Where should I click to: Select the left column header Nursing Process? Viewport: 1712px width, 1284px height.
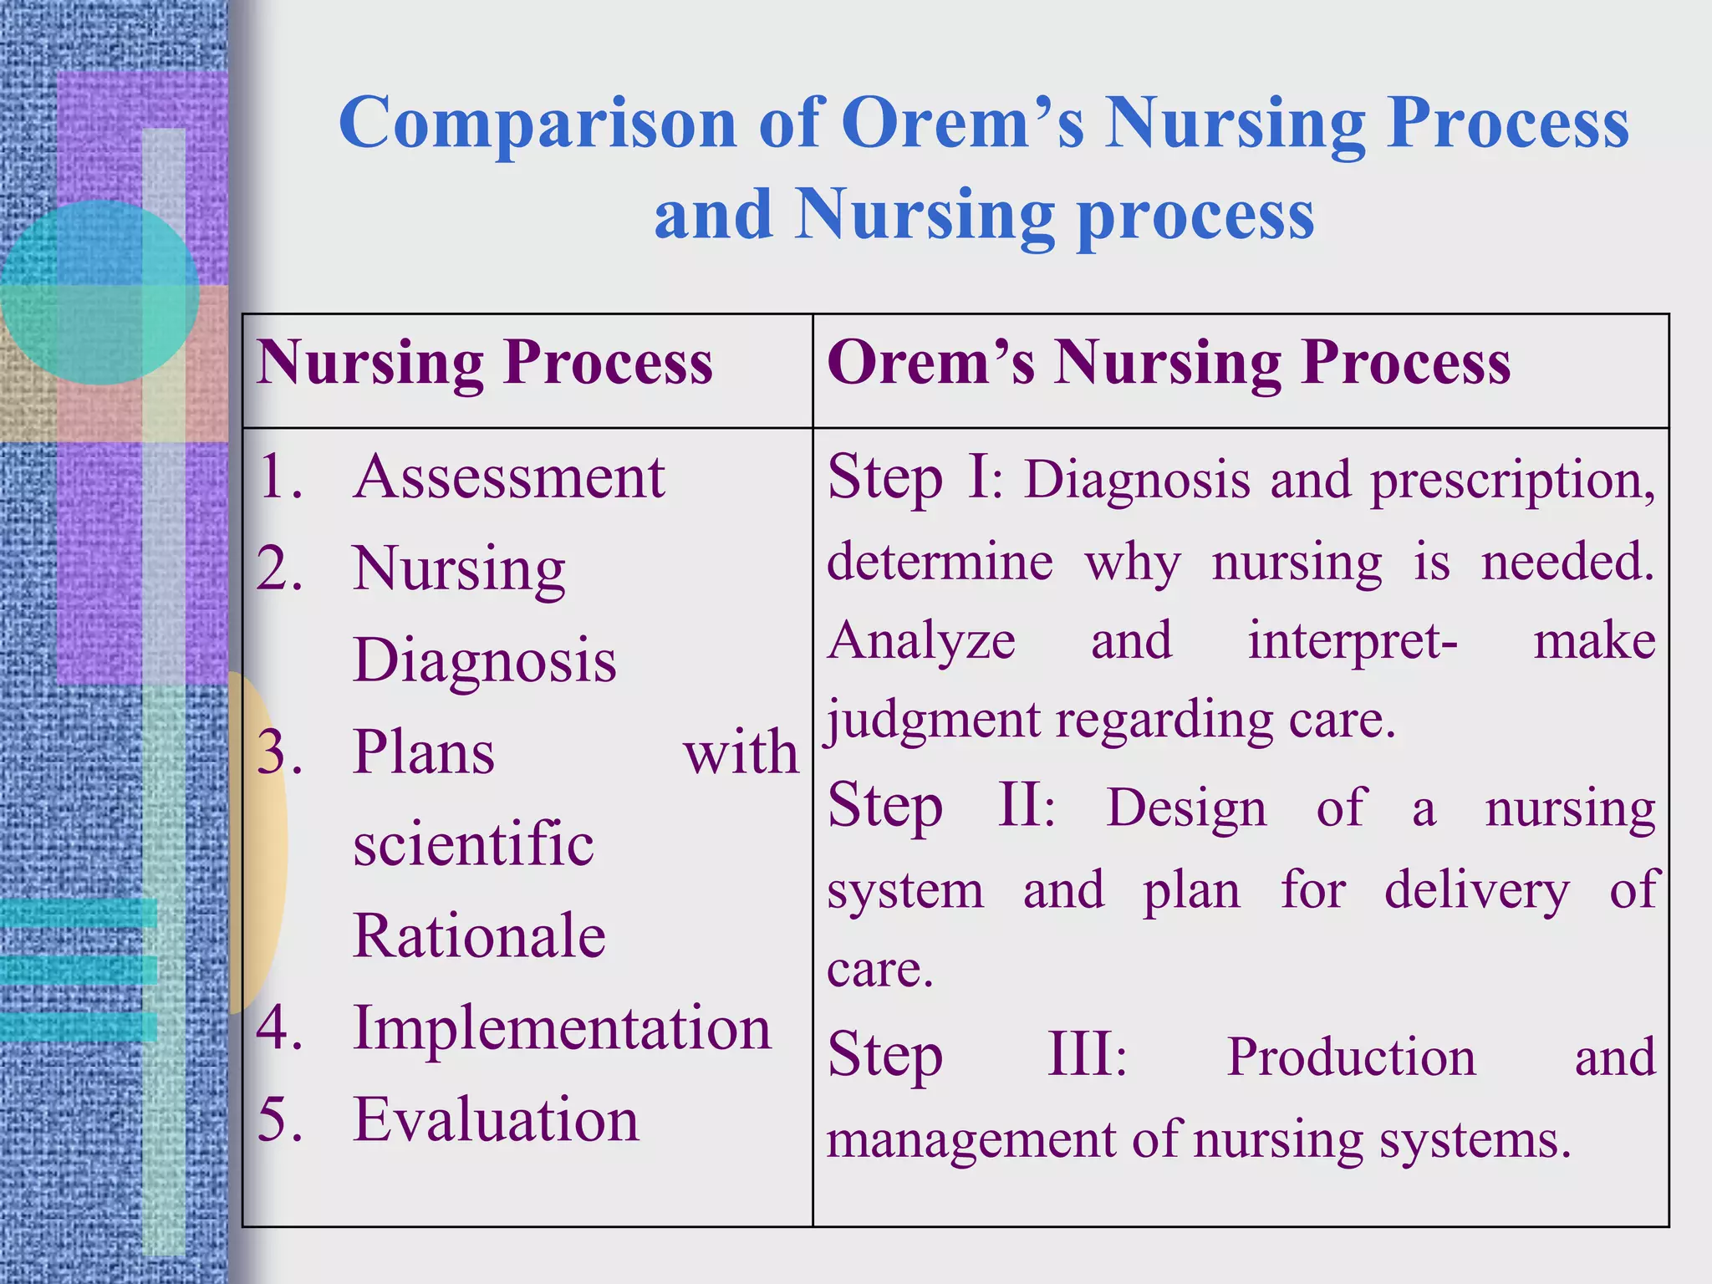(x=485, y=364)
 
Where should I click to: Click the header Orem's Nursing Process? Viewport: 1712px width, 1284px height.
(x=1169, y=364)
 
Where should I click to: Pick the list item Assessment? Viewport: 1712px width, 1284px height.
(x=508, y=477)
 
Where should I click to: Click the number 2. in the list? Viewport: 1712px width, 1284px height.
(x=280, y=569)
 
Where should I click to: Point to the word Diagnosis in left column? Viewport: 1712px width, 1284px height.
(x=484, y=660)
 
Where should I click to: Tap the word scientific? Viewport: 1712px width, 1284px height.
(x=473, y=843)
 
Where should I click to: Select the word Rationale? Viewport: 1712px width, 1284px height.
(x=479, y=935)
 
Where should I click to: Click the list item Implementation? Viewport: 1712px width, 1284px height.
(x=562, y=1027)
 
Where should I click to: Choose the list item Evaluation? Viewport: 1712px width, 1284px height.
(x=496, y=1119)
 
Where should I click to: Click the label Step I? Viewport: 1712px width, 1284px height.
(x=915, y=478)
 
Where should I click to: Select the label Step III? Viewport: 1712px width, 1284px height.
(x=977, y=1055)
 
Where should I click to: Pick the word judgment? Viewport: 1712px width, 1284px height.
(x=933, y=721)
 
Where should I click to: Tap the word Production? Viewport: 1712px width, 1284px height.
(x=1351, y=1057)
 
